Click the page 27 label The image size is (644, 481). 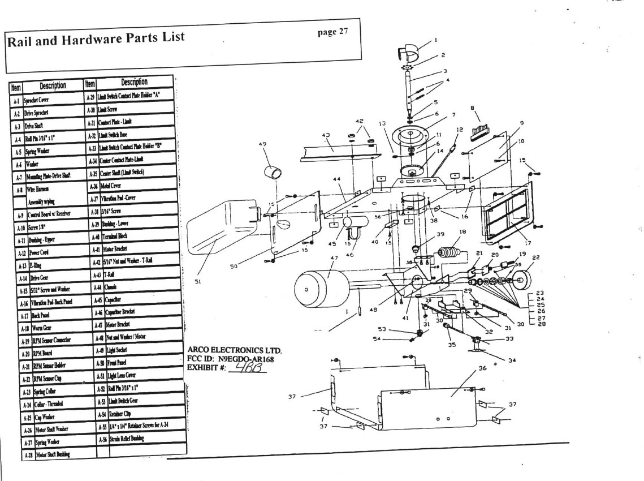pyautogui.click(x=334, y=31)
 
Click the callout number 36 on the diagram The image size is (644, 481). pyautogui.click(x=482, y=368)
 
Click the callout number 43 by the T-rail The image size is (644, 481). pyautogui.click(x=326, y=135)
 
